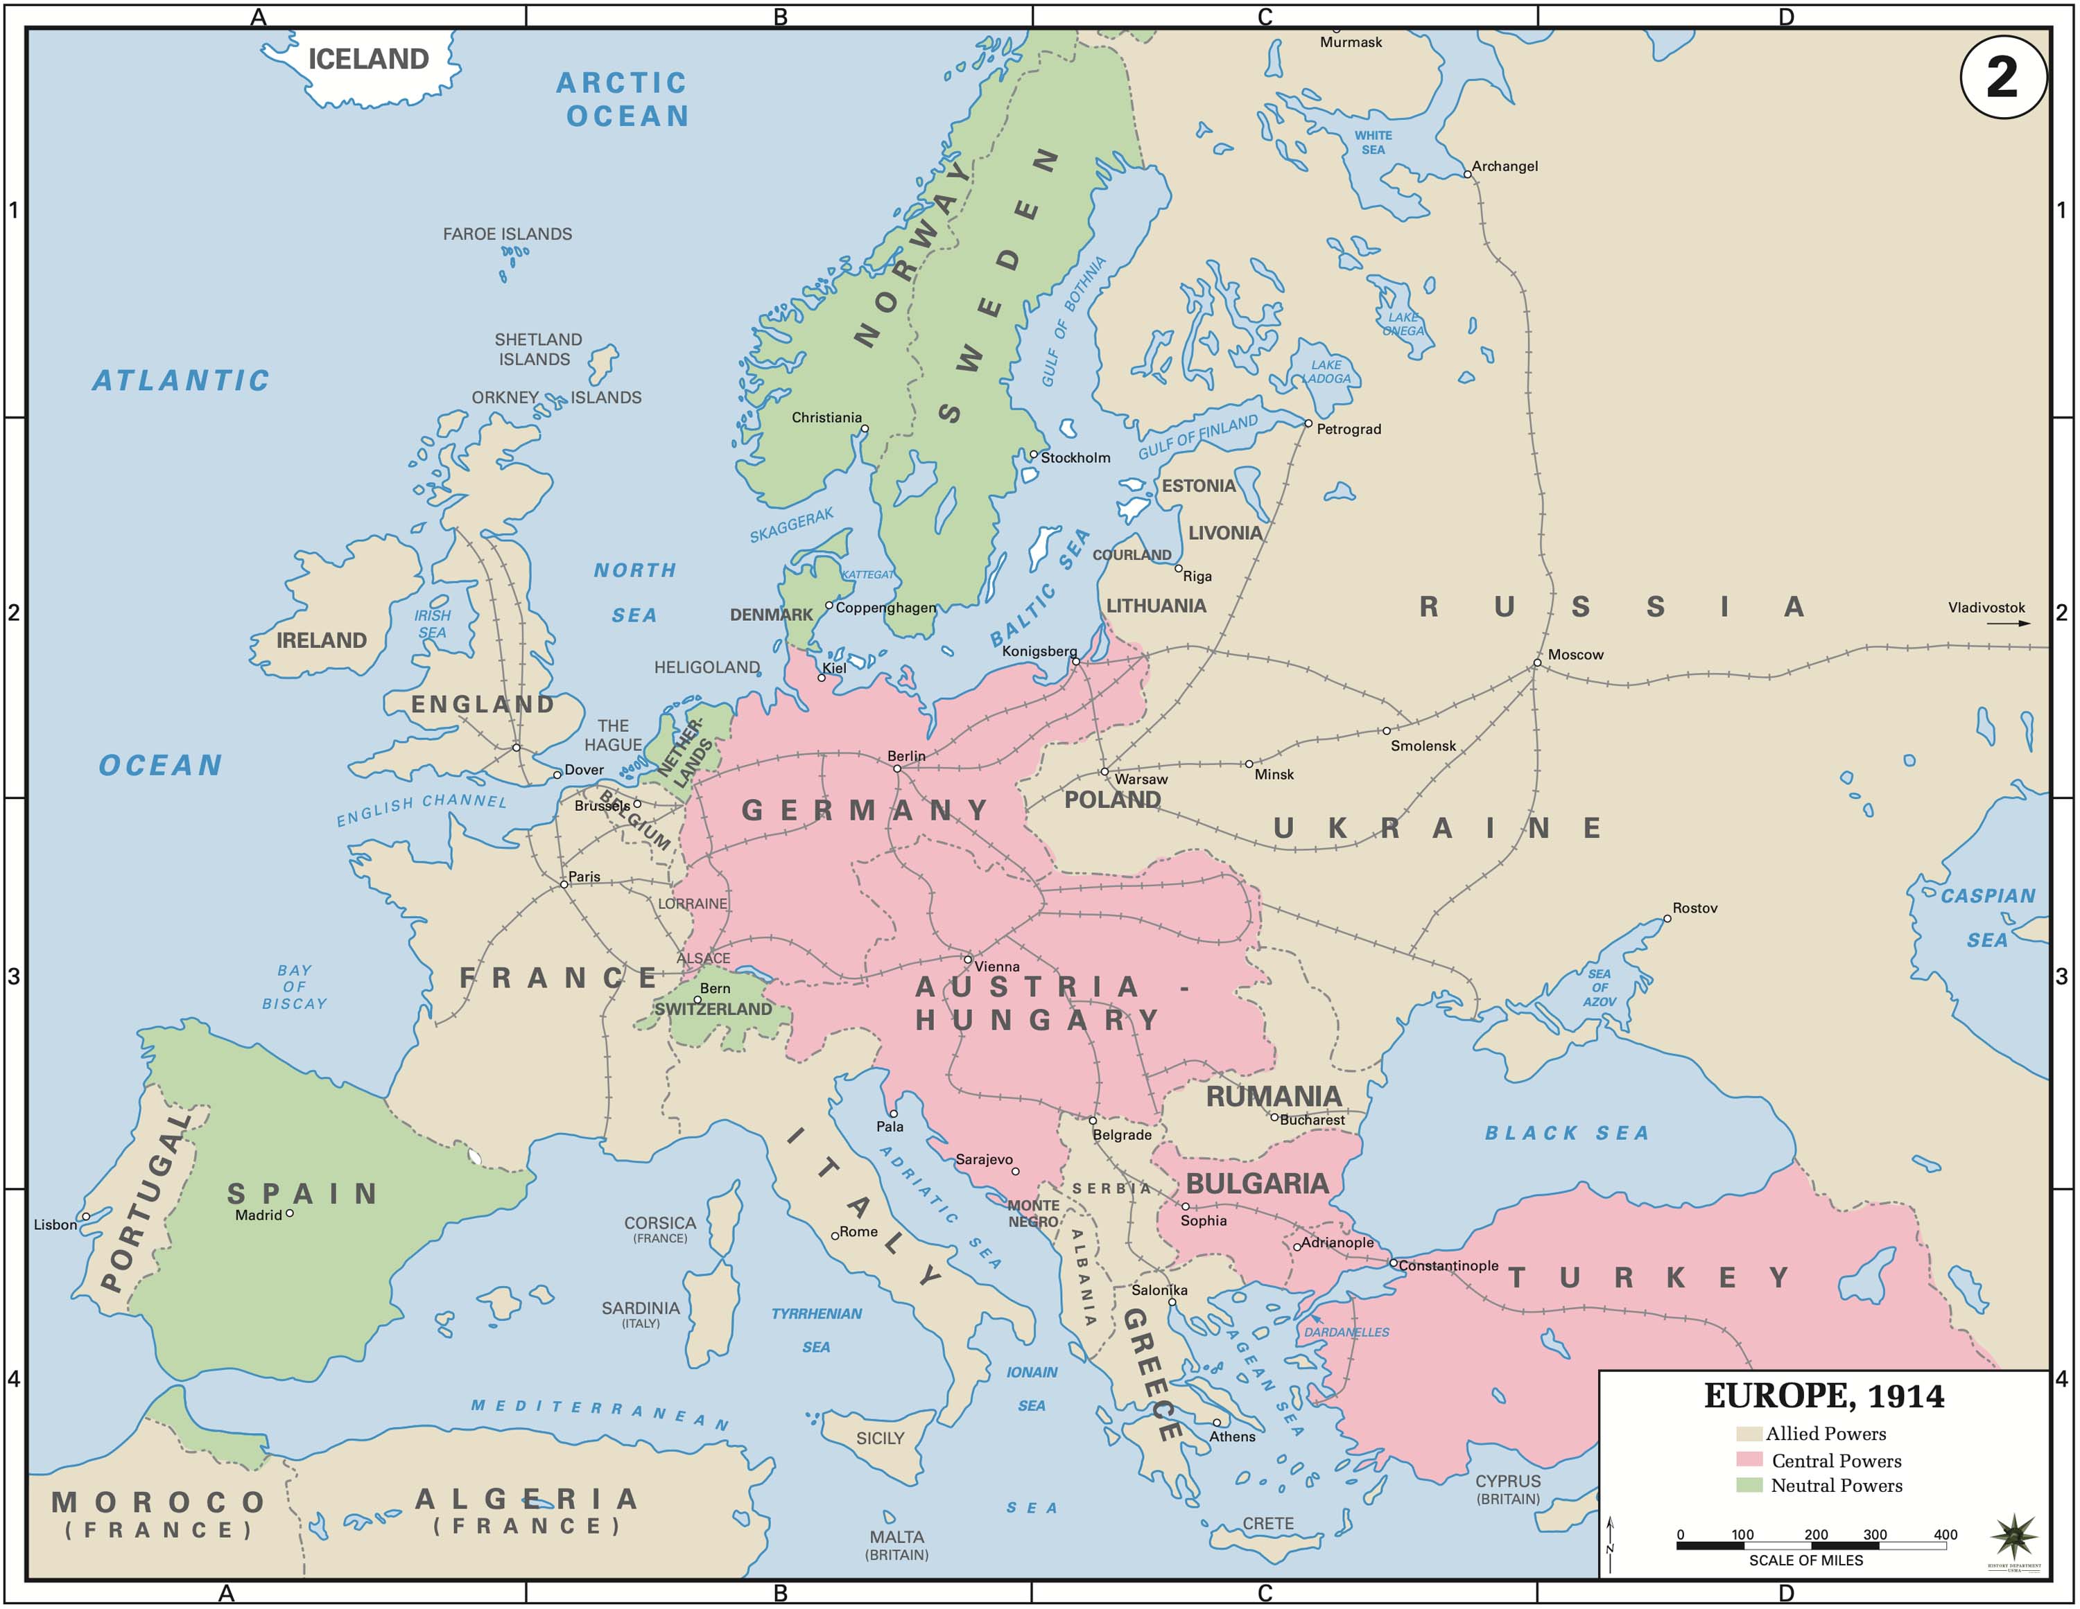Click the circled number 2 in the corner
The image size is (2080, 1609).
tap(2003, 76)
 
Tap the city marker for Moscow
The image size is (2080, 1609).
tap(1536, 662)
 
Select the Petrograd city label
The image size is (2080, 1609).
tap(1348, 430)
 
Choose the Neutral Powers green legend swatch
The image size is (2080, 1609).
tap(1749, 1484)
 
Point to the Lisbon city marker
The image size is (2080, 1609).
tap(86, 1216)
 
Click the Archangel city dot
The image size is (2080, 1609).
tap(1468, 174)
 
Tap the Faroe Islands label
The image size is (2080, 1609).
tap(507, 234)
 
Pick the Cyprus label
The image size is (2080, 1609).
tap(1507, 1481)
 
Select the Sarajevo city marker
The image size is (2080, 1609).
tap(1015, 1171)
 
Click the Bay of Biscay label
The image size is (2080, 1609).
tap(294, 986)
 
